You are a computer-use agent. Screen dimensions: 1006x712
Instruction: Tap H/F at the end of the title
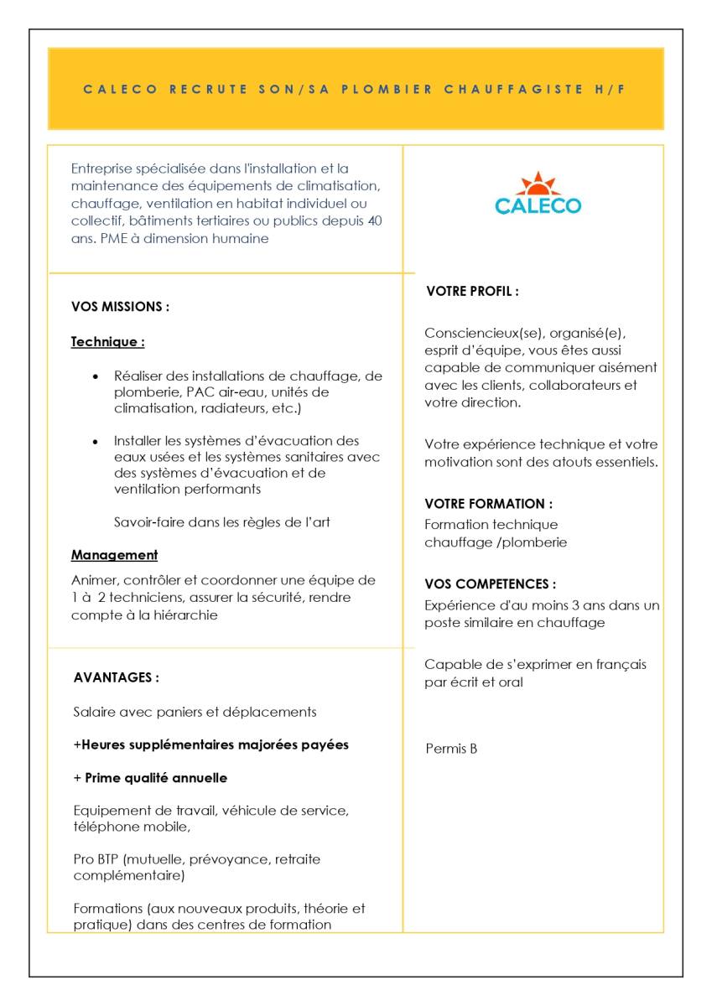611,89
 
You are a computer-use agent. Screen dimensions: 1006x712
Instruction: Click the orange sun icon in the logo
538,184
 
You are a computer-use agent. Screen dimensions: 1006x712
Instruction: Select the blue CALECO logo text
538,205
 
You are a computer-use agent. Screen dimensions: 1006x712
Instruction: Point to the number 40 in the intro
376,220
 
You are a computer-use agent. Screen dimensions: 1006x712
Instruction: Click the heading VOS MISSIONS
120,307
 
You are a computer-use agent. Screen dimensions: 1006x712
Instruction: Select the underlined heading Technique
107,342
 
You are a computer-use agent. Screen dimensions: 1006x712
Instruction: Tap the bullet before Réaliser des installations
96,376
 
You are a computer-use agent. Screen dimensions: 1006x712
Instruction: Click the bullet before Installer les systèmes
96,441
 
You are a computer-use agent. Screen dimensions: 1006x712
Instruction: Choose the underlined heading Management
114,555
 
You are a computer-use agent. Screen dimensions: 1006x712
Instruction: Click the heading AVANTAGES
116,677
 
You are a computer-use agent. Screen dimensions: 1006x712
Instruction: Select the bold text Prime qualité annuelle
155,778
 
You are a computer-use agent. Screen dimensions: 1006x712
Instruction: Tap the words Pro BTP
96,859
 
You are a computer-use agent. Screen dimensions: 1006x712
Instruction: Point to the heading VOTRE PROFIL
472,292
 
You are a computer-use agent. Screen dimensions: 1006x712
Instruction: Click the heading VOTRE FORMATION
488,504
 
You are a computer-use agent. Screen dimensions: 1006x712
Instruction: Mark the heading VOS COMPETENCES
490,584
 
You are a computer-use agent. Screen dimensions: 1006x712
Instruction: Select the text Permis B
451,749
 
